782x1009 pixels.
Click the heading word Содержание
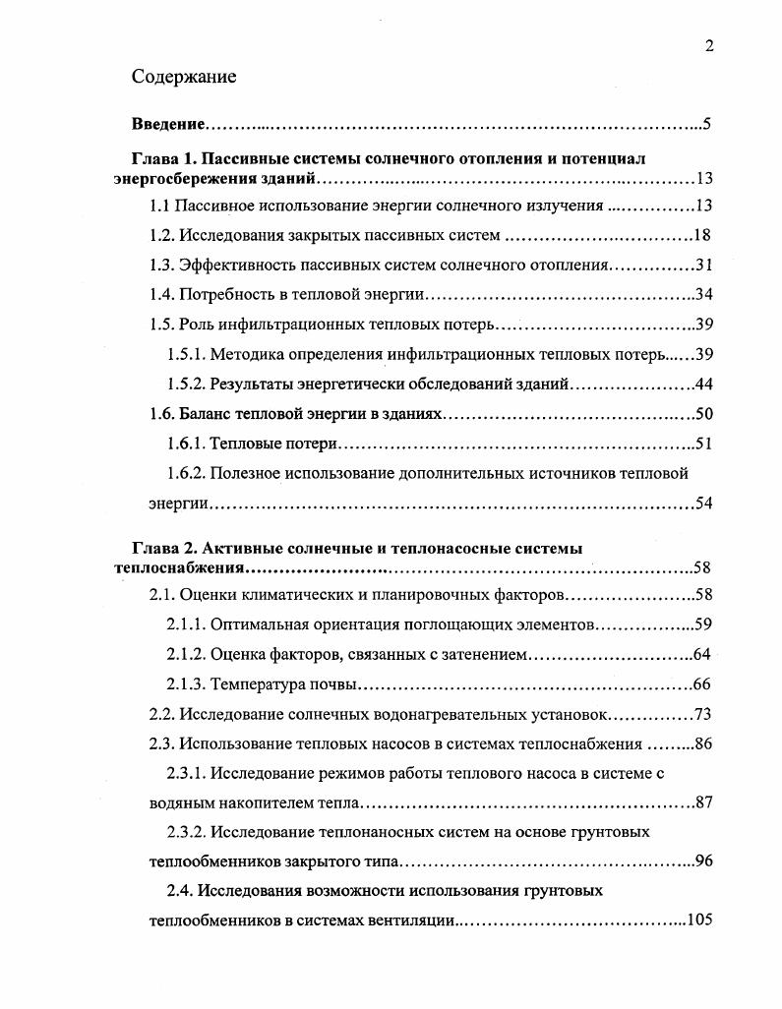[x=184, y=78]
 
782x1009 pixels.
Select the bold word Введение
[x=168, y=125]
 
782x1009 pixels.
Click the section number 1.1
[x=160, y=206]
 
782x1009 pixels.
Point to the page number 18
[x=701, y=235]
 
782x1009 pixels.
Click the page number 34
[x=702, y=294]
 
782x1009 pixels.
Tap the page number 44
[x=702, y=384]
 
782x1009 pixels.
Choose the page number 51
[x=702, y=444]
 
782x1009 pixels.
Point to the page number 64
[x=702, y=654]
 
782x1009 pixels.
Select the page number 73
[x=702, y=714]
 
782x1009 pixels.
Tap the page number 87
[x=702, y=802]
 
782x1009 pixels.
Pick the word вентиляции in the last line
[x=409, y=920]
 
